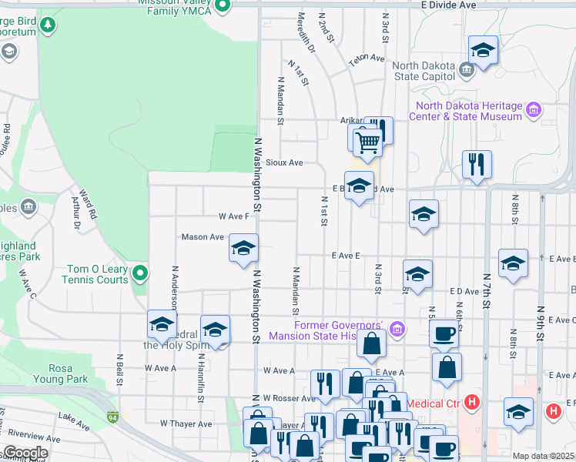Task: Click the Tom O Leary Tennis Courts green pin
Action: click(x=140, y=273)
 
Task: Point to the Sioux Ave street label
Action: click(x=284, y=162)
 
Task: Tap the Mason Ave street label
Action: click(x=202, y=237)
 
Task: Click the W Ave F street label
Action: click(x=233, y=216)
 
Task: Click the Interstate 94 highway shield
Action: click(x=113, y=417)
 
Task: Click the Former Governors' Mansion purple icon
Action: click(x=397, y=330)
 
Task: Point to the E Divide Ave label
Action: click(x=448, y=5)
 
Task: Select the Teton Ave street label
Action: click(x=366, y=59)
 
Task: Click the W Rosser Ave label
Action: click(x=289, y=398)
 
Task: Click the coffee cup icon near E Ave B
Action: click(x=444, y=333)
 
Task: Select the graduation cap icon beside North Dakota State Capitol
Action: click(x=483, y=51)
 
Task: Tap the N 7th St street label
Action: click(x=487, y=289)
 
